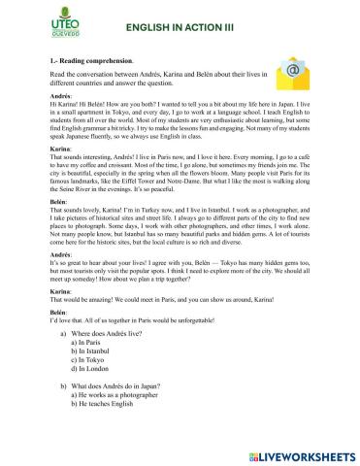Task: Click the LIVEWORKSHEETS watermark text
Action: [x=300, y=453]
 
